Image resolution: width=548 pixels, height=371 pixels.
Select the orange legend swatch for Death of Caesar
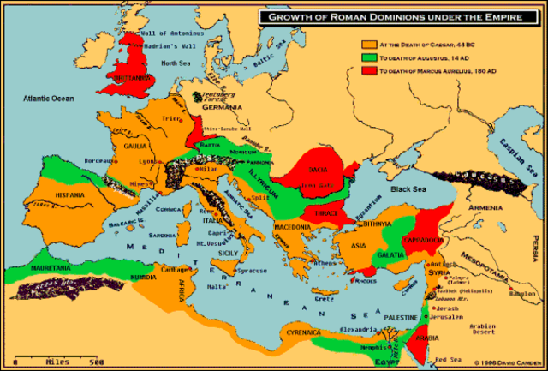(x=369, y=43)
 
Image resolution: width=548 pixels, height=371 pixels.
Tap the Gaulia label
(x=130, y=146)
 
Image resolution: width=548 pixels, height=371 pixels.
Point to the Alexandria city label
(x=357, y=330)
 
